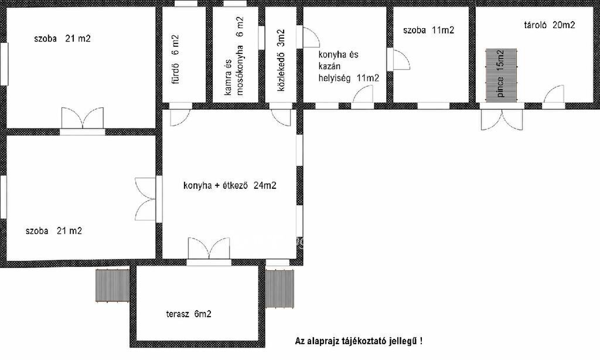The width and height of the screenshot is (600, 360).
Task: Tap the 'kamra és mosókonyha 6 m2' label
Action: tap(234, 56)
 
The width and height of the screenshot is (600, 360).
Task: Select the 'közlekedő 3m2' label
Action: tap(281, 60)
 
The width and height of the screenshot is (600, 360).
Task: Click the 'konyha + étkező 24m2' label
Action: tap(230, 186)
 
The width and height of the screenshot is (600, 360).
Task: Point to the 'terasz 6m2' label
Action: tap(189, 314)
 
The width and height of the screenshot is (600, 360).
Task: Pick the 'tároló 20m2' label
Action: tap(550, 25)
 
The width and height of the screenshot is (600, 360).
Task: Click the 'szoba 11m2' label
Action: tap(428, 30)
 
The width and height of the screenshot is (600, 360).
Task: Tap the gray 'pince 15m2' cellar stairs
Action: tap(502, 75)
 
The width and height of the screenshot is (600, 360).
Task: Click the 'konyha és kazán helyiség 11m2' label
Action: tap(349, 66)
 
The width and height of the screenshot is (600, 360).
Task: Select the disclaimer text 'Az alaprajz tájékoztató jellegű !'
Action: tap(359, 341)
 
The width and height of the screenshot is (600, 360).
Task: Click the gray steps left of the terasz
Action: tap(112, 286)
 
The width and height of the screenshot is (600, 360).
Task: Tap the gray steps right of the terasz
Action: tap(279, 289)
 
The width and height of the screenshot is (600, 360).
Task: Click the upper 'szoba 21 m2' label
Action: tap(62, 39)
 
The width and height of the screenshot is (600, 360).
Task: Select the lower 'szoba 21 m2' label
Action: tap(53, 231)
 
